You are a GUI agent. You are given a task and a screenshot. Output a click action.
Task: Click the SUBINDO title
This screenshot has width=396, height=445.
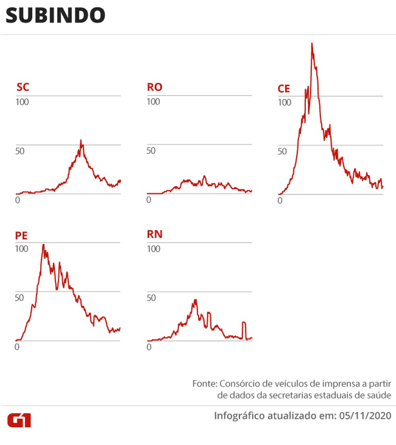tap(56, 16)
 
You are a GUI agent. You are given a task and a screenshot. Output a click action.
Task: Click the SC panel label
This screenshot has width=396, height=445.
tap(23, 87)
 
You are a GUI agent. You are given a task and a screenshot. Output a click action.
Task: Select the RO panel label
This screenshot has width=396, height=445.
tap(155, 87)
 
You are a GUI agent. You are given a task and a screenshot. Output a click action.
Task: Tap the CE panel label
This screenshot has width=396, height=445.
tap(284, 89)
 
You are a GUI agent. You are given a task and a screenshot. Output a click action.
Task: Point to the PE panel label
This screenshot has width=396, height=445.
tap(22, 235)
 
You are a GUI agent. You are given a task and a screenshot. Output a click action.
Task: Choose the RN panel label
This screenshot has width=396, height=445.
tap(155, 234)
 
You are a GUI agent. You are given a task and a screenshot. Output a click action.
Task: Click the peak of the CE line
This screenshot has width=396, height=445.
tap(312, 43)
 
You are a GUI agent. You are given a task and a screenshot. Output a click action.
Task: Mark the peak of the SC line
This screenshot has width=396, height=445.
tap(81, 141)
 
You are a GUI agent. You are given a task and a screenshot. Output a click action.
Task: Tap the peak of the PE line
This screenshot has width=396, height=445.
tap(43, 245)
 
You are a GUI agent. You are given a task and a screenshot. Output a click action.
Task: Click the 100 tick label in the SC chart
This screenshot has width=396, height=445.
tap(22, 102)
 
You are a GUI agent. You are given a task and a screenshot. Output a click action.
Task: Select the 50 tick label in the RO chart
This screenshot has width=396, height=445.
tap(151, 151)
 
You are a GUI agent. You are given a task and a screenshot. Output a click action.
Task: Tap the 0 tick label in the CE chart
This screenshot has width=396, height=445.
tap(280, 200)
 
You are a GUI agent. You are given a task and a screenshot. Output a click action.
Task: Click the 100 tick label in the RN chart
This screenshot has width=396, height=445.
tap(153, 249)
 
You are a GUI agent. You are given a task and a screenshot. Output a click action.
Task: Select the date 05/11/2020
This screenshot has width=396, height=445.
tap(364, 416)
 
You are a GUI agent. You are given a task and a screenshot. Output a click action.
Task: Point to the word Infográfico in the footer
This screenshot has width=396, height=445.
tap(239, 416)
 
